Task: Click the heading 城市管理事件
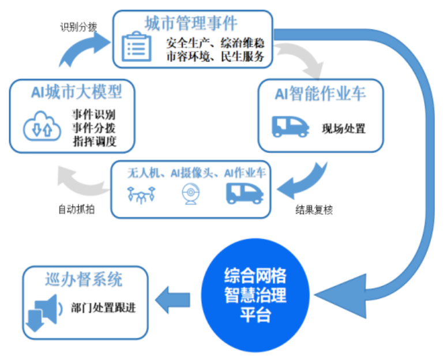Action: (x=190, y=23)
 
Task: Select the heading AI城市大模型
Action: (x=76, y=92)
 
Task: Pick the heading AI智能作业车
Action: (x=320, y=93)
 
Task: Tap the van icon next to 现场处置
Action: (x=290, y=127)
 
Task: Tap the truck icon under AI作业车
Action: (x=245, y=194)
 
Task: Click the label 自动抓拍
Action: (x=77, y=209)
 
